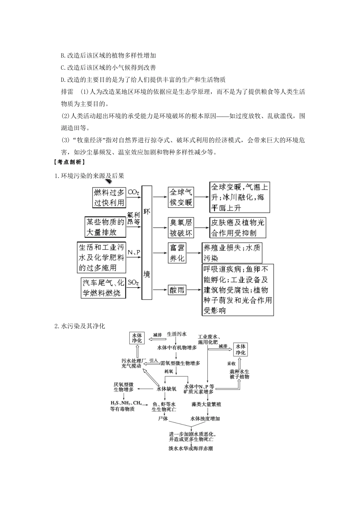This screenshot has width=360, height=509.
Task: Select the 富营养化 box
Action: click(177, 253)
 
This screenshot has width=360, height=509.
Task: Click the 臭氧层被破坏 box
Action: click(180, 227)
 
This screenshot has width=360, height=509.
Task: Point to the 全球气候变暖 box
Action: click(181, 197)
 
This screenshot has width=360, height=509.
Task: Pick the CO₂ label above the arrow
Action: click(133, 192)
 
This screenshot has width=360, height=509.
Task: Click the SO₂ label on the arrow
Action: click(133, 283)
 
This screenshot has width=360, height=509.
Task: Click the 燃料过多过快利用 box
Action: click(109, 197)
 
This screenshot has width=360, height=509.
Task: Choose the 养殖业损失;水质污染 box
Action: click(232, 253)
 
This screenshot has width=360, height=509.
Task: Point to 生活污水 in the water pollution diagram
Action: click(177, 334)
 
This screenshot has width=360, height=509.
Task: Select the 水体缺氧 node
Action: click(167, 389)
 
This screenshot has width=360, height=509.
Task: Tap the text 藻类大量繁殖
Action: click(206, 404)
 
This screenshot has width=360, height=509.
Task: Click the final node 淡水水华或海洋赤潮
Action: click(191, 448)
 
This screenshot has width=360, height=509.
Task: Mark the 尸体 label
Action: click(163, 419)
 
